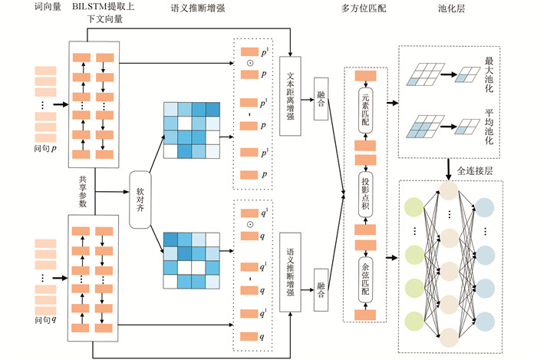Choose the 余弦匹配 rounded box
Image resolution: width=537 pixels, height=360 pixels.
coord(366,272)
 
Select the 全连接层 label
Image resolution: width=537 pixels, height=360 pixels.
coord(478,167)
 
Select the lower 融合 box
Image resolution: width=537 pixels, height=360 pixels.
coord(321,292)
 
